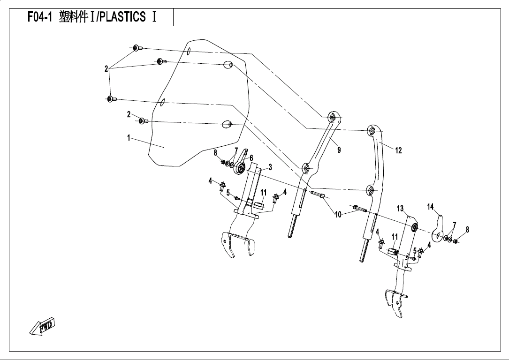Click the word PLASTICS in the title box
123,17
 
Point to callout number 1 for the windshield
128,138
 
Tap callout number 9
339,150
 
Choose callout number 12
398,150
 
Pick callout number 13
400,208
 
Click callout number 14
431,207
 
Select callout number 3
270,167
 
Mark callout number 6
251,158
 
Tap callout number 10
338,215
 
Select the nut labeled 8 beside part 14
455,241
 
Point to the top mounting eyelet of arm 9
332,118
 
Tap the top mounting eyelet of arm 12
372,130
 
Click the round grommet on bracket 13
415,228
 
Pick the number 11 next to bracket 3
263,193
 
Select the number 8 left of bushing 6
215,152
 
